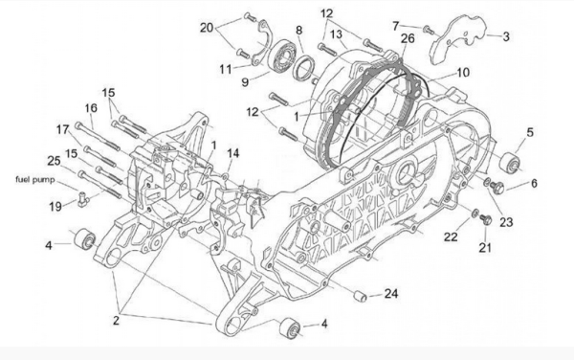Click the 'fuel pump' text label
35,180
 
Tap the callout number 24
390,293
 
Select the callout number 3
506,36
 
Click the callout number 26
408,38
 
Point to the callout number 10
463,73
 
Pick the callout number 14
232,153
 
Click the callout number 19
55,207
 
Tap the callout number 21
485,248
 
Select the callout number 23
506,222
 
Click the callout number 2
116,321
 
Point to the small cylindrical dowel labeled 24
360,296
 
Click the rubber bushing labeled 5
510,163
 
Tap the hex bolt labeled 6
497,187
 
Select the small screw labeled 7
429,30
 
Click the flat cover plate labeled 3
459,39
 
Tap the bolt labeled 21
485,219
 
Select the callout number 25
54,161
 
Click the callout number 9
245,81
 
